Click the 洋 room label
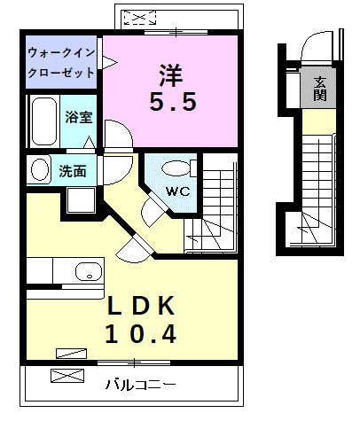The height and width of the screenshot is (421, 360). pos(172,71)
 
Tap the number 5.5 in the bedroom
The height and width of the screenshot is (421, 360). pos(172,102)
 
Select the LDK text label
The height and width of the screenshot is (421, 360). pos(142,307)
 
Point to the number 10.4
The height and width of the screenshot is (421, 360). pos(142,335)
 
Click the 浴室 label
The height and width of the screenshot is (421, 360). pos(78,116)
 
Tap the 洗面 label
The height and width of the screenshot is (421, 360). pos(73,170)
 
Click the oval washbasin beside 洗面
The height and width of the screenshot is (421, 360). pos(38,169)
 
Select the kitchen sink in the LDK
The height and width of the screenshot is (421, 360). pos(89,270)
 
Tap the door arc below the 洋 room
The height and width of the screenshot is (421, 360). pos(118,137)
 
